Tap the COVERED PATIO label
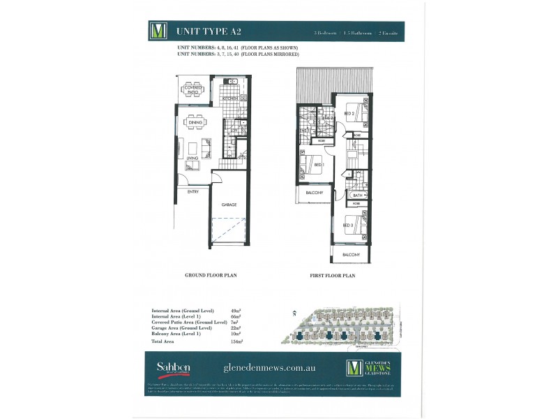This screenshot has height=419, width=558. (193, 89)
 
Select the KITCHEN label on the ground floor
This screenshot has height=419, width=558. (231, 99)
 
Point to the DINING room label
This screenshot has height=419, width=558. (195, 123)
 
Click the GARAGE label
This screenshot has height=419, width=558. (229, 205)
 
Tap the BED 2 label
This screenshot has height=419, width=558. (350, 113)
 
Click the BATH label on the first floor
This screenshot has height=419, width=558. (358, 196)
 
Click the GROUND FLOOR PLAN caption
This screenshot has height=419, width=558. (211, 276)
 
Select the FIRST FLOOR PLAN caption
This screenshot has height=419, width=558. (333, 276)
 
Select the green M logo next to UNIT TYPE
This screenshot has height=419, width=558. (159, 31)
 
